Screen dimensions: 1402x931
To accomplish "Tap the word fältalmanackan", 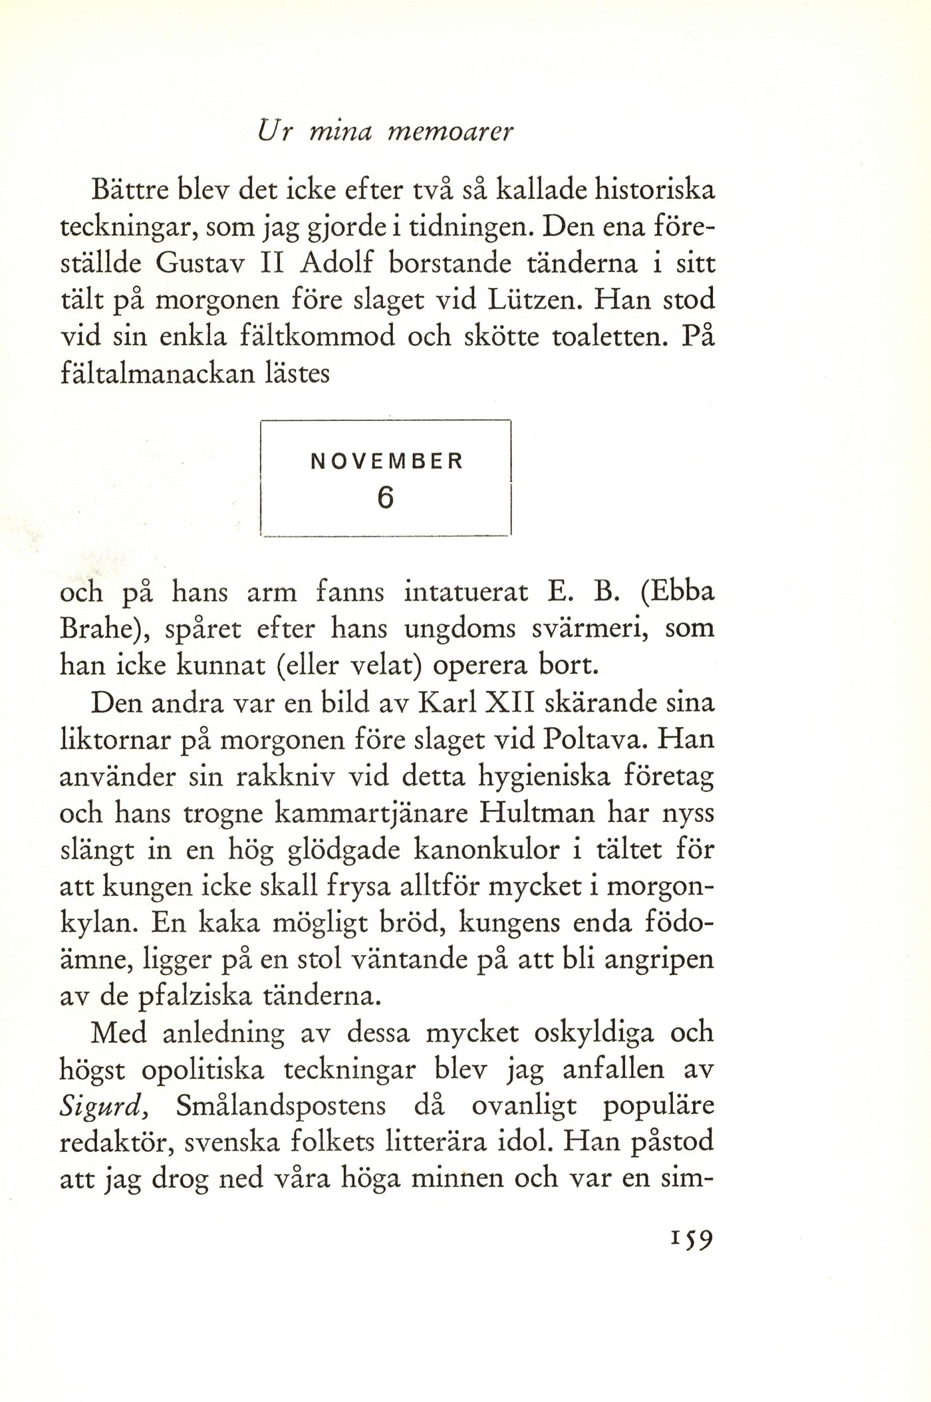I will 157,374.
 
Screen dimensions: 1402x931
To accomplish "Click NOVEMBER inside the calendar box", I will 386,461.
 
